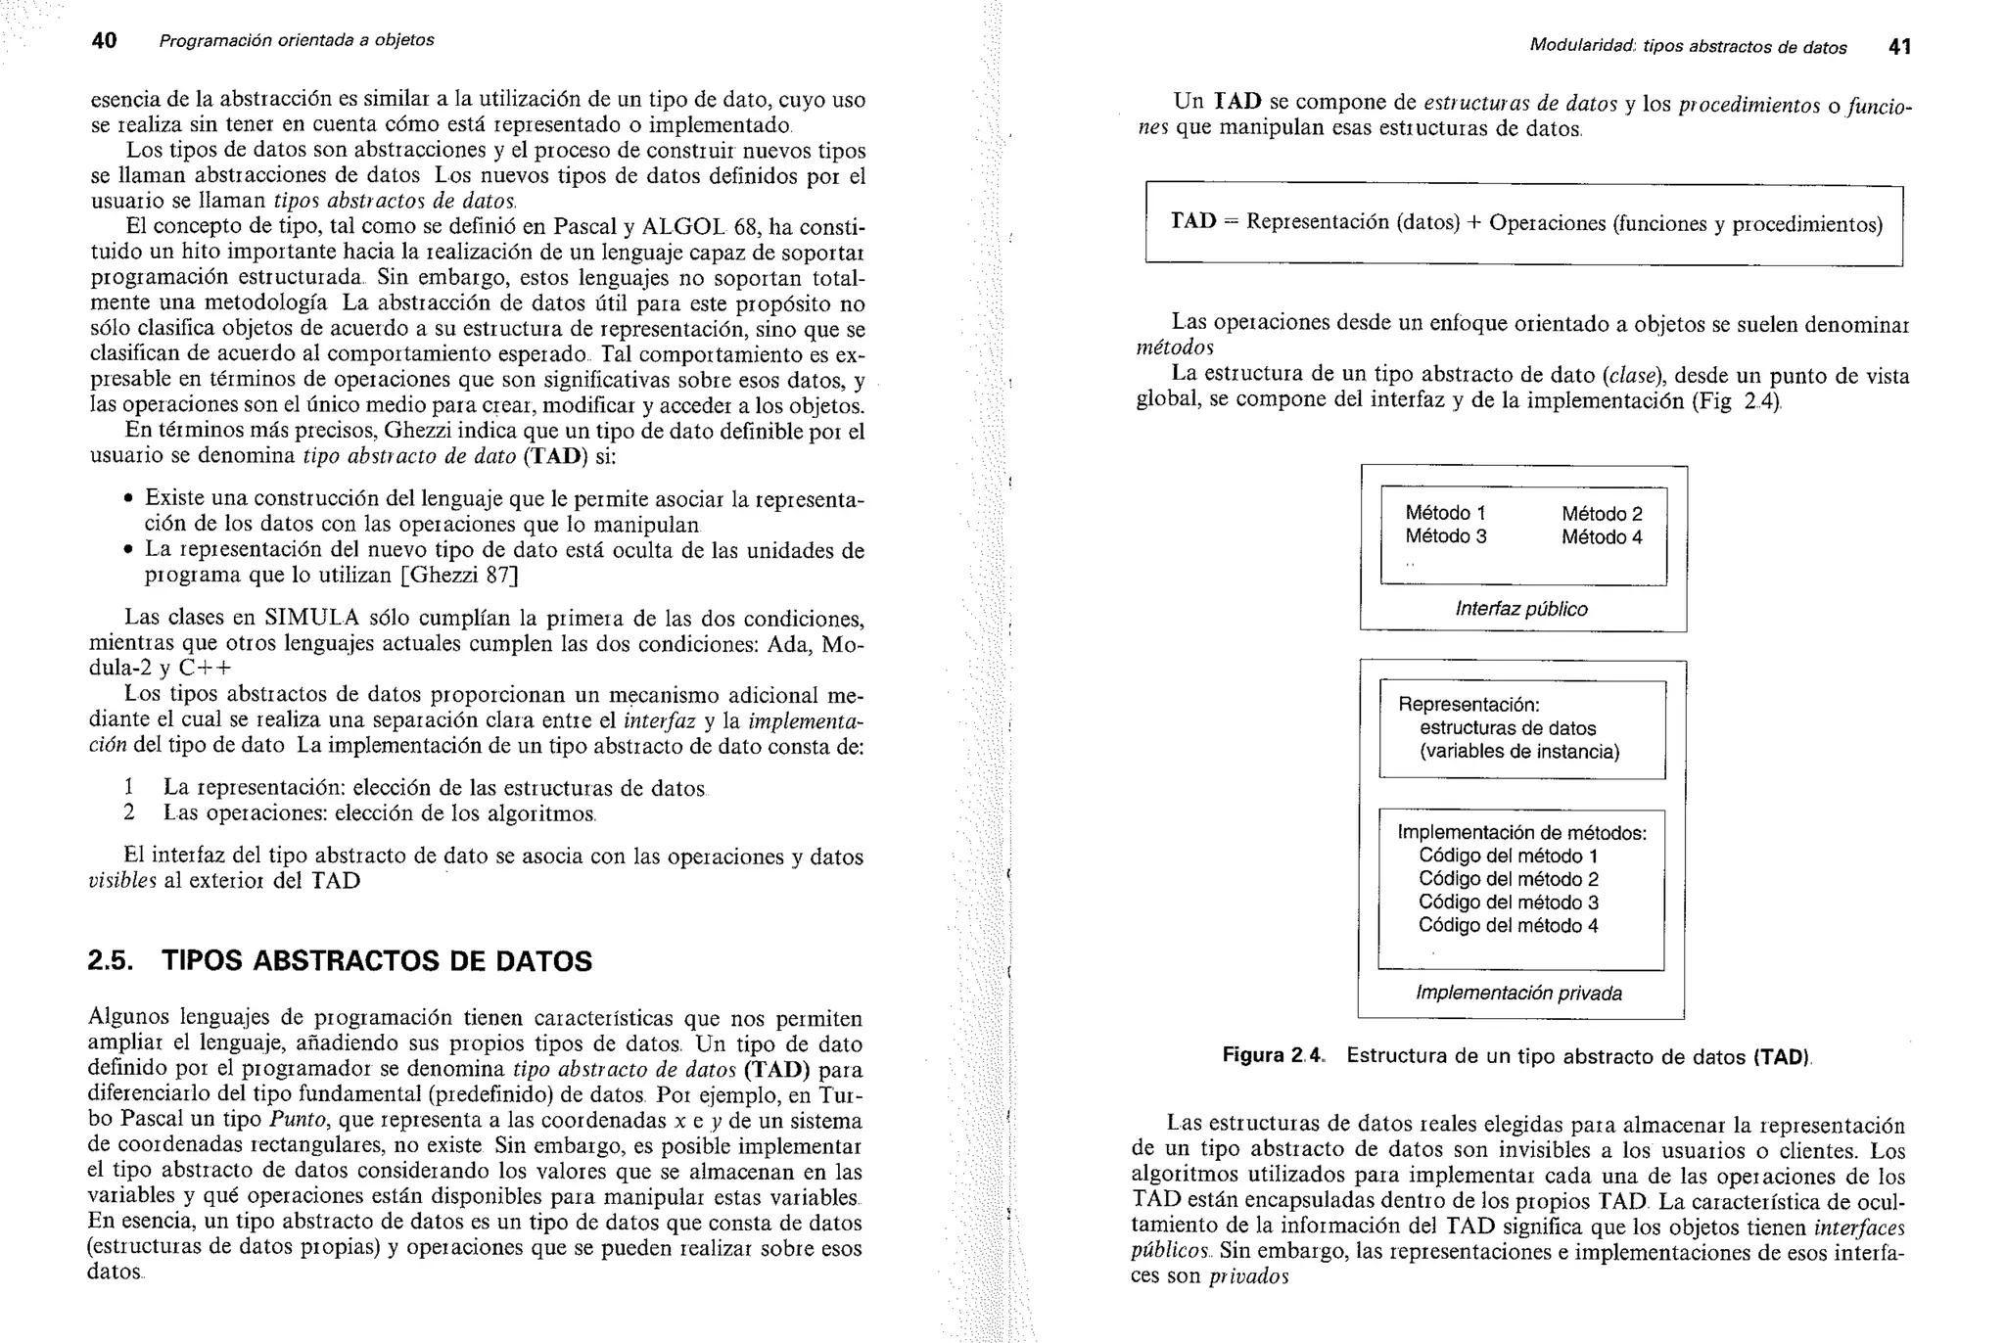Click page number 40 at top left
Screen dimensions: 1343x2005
click(x=104, y=41)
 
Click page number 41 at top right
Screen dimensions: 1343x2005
click(x=1898, y=47)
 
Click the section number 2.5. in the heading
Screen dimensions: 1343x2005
click(x=111, y=961)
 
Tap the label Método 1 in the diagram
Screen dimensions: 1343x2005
click(x=1445, y=513)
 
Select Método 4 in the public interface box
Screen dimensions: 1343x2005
click(x=1602, y=537)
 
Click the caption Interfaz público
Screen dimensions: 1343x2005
click(x=1521, y=609)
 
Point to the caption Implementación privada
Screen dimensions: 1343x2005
click(x=1518, y=994)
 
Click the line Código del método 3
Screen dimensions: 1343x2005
click(x=1508, y=903)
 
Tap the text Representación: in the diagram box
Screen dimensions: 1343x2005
click(x=1469, y=705)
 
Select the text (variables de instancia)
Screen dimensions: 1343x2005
click(x=1519, y=752)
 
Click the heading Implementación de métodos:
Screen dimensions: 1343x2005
click(x=1521, y=833)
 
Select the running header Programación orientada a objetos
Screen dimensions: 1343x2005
click(x=297, y=41)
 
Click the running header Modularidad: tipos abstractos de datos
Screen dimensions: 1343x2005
click(x=1688, y=48)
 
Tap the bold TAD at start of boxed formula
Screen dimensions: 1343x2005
click(x=1192, y=221)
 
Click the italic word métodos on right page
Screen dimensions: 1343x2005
click(x=1175, y=348)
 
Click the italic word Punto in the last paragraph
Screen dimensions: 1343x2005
click(x=298, y=1120)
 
